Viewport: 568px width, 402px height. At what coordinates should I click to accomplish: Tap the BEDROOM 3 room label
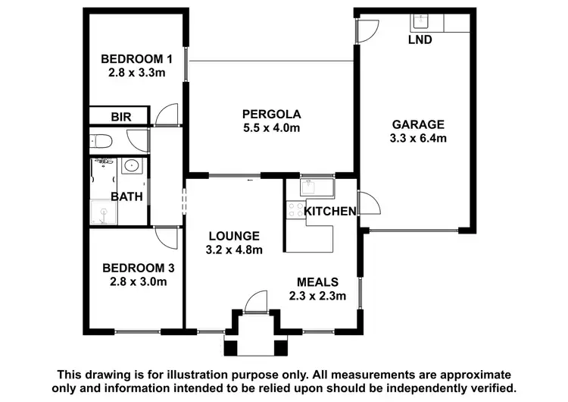[x=133, y=268]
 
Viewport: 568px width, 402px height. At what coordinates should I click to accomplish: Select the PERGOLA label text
[x=271, y=115]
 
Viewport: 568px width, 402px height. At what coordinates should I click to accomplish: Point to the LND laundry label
[x=420, y=39]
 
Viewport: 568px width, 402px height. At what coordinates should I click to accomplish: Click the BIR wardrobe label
[x=120, y=117]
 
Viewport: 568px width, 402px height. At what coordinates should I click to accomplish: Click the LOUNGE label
[x=235, y=236]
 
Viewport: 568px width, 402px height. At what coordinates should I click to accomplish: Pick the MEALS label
[x=317, y=281]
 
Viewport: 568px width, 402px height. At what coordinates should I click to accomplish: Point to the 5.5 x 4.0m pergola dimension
[x=271, y=128]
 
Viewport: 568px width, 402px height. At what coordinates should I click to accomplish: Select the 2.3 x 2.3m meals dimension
[x=317, y=295]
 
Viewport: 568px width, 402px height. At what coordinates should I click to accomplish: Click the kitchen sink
[x=312, y=187]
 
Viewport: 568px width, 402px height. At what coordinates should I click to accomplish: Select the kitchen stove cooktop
[x=294, y=210]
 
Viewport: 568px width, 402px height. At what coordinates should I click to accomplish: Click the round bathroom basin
[x=130, y=165]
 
